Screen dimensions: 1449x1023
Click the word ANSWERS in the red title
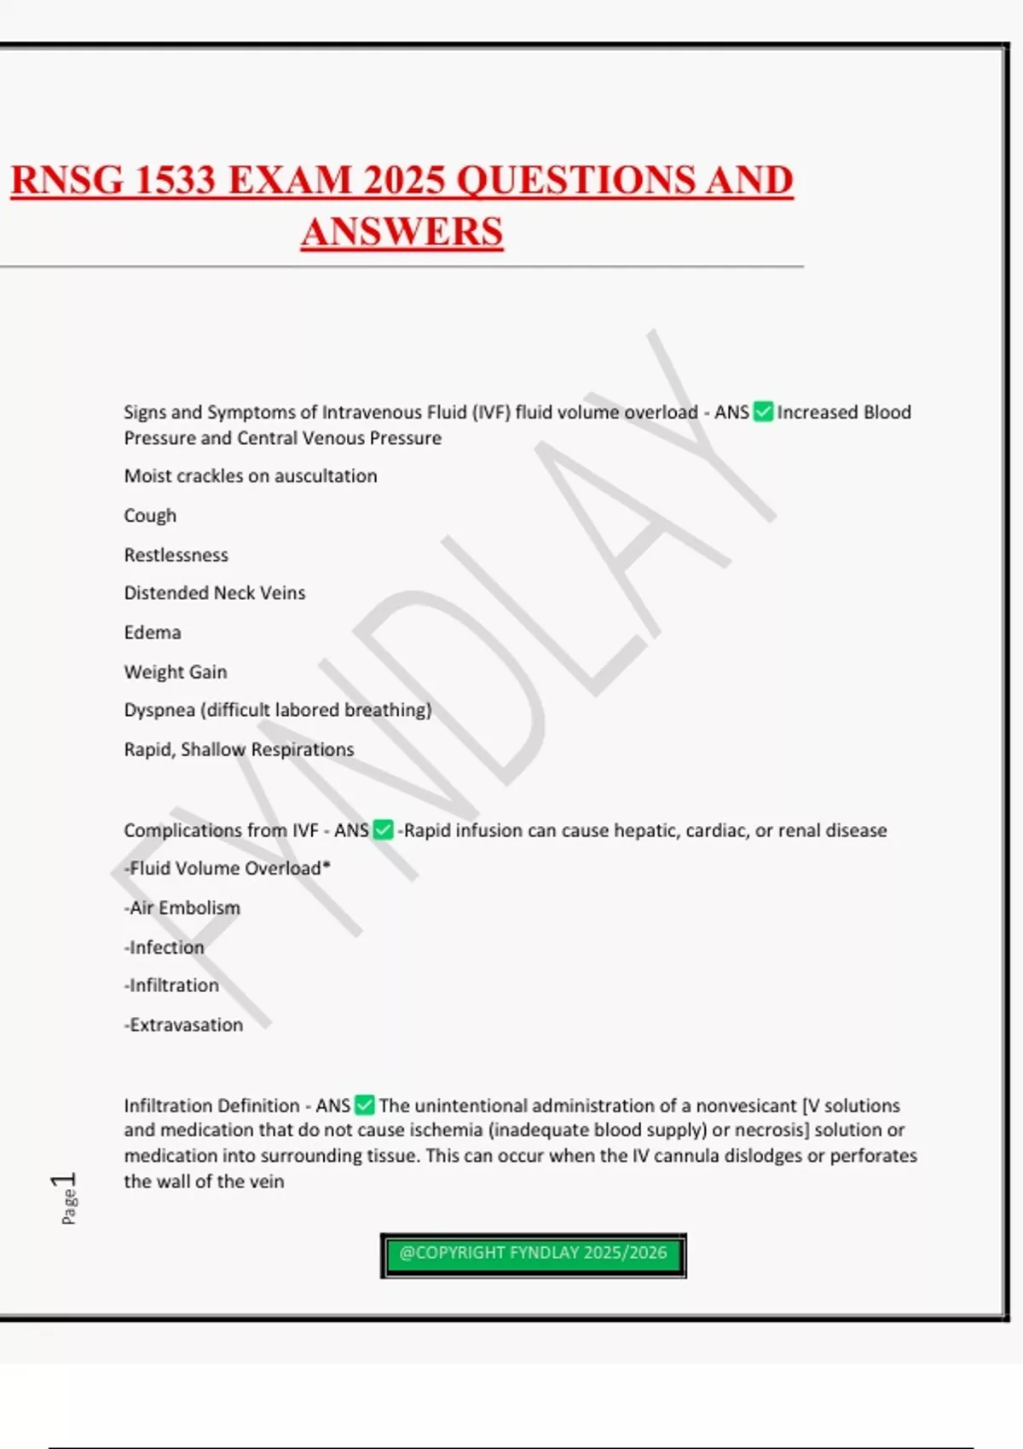tap(402, 232)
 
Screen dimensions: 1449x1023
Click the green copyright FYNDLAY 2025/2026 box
tap(533, 1254)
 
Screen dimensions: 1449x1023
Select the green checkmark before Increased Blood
tap(763, 413)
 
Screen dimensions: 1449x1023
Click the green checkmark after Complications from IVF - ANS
tap(384, 830)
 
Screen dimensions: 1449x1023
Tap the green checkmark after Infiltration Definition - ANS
tap(365, 1106)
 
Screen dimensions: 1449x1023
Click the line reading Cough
tap(150, 516)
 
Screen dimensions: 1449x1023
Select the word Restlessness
tap(176, 555)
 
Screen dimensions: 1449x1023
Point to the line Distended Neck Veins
tap(215, 593)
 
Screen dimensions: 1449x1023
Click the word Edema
tap(153, 632)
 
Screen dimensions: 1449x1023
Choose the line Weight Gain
tap(176, 672)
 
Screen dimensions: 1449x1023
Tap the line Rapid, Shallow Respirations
tap(239, 749)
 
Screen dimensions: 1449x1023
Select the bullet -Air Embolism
tap(182, 908)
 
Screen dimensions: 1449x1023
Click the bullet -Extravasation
tap(183, 1025)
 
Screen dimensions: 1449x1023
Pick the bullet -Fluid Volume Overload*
tap(227, 869)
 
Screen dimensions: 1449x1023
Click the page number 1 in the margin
tap(65, 1181)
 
